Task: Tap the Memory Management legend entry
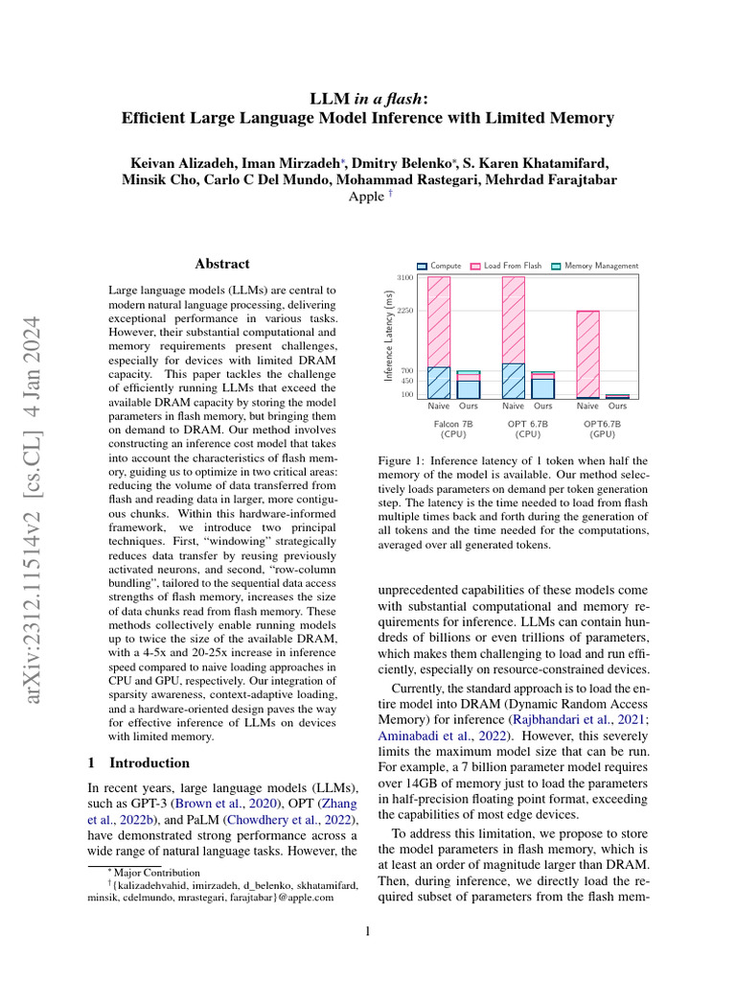[595, 266]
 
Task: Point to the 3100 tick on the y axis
[404, 277]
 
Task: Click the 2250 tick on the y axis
[404, 311]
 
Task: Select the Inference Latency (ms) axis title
[389, 338]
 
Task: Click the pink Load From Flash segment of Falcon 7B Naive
[439, 321]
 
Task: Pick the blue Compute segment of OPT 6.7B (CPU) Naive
[514, 381]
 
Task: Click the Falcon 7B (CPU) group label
[453, 428]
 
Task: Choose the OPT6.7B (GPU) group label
[603, 428]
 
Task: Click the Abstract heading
[222, 264]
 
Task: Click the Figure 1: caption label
[406, 461]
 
